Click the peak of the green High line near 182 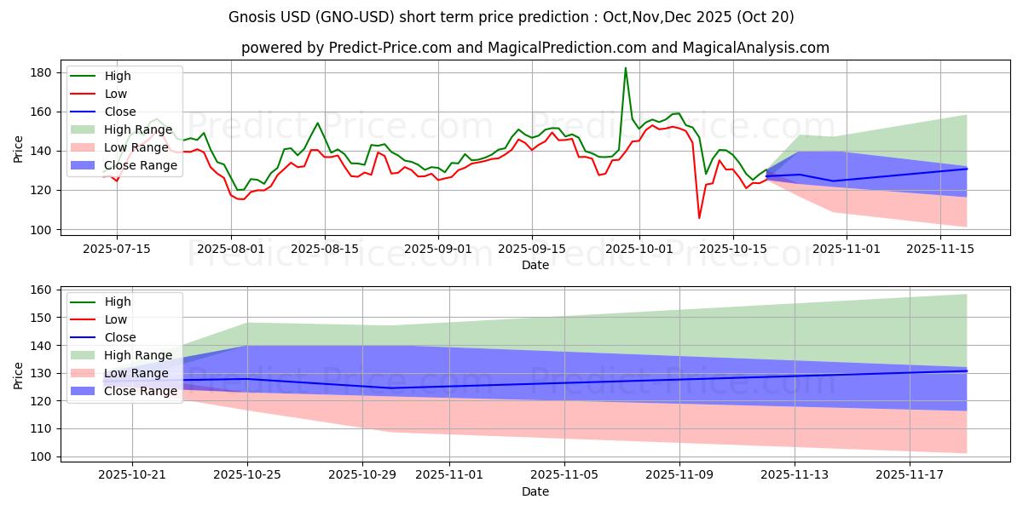626,68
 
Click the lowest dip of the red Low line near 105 700,218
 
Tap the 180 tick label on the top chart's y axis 42,73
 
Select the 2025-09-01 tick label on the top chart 438,248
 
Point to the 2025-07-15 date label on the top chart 117,248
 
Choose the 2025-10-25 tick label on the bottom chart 247,474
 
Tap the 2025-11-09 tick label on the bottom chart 679,474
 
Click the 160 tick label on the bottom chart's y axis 42,290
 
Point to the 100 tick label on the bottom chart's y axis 42,457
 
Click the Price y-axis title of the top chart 19,147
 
